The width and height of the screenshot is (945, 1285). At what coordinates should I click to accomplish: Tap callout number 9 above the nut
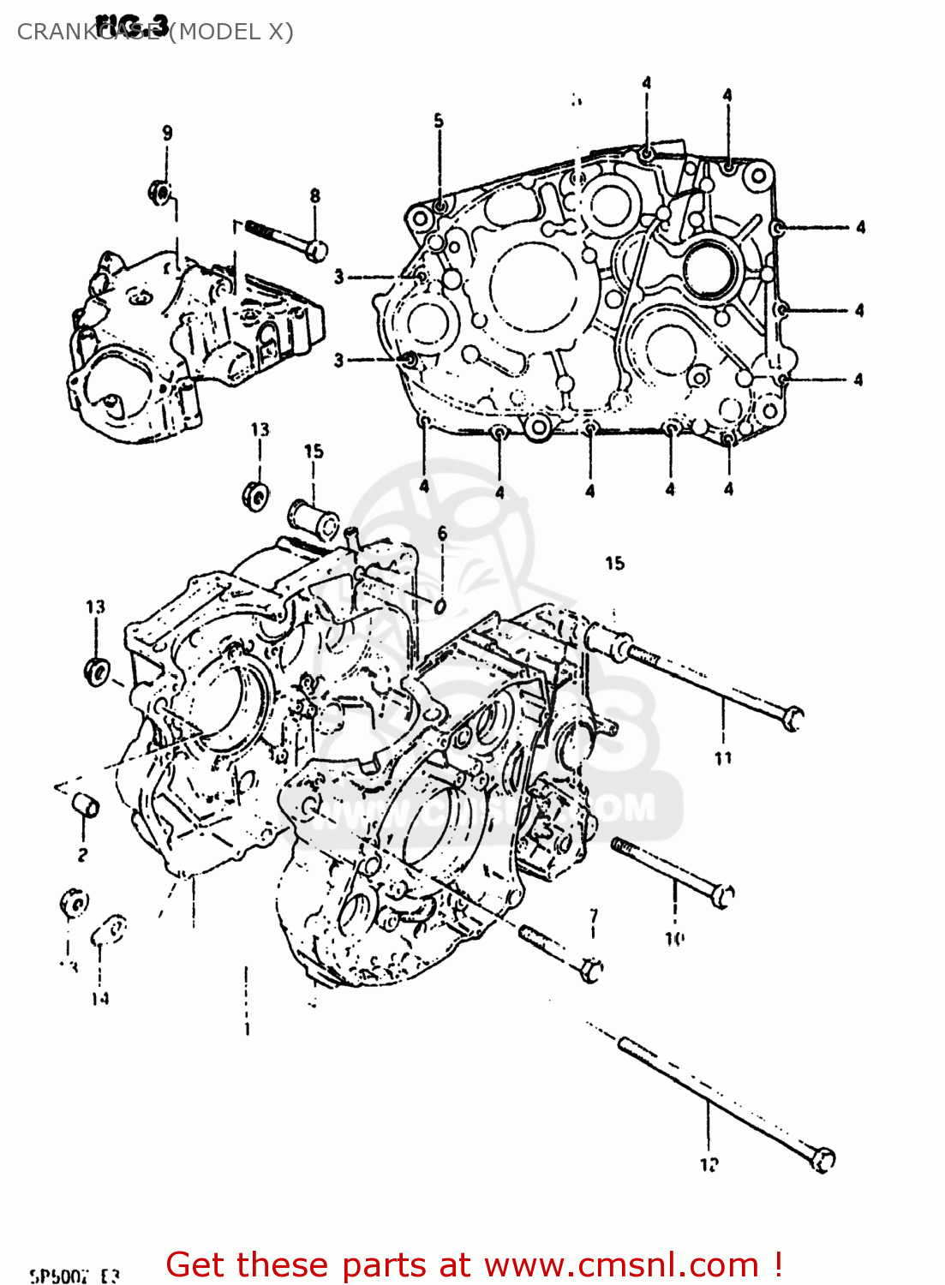tap(167, 133)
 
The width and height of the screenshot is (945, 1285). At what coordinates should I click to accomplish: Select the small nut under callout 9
tap(159, 192)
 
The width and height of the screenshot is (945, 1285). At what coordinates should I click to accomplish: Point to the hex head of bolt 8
tap(316, 250)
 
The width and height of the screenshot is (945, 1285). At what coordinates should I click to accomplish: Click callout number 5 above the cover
tap(439, 121)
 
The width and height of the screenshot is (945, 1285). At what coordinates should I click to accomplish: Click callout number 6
tap(442, 534)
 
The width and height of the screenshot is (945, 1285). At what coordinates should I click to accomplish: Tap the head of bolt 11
tap(792, 718)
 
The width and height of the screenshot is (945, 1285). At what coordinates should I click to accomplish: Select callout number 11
tap(723, 757)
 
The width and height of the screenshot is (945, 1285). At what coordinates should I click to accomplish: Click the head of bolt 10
tap(723, 896)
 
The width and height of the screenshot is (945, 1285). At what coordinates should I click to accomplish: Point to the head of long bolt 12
tap(822, 1159)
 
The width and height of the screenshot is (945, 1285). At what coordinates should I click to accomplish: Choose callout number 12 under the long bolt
tap(709, 1164)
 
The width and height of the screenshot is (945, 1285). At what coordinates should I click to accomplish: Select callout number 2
tap(82, 854)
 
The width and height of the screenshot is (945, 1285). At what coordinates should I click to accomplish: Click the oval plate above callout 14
tap(111, 929)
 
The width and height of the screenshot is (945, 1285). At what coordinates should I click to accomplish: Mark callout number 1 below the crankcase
tap(247, 1029)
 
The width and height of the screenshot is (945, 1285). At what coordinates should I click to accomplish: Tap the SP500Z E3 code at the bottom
tap(75, 1276)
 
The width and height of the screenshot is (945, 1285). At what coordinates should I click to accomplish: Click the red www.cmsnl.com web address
tap(621, 1264)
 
